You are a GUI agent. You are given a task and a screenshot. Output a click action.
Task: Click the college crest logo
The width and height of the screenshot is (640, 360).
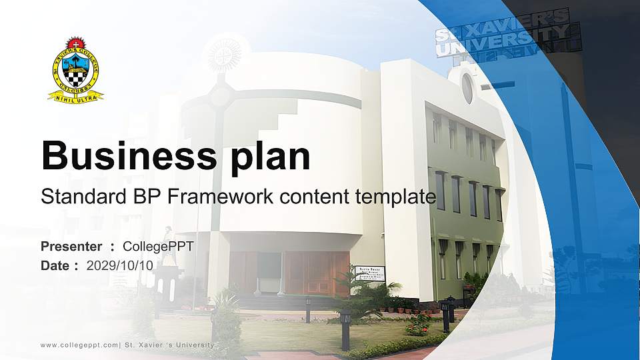tap(76, 69)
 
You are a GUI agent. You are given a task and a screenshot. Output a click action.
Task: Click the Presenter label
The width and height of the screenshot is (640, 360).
tap(71, 247)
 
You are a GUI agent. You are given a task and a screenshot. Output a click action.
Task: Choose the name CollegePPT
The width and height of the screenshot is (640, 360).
tap(159, 247)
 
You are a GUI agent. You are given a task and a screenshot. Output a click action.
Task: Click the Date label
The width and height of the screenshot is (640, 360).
tap(55, 265)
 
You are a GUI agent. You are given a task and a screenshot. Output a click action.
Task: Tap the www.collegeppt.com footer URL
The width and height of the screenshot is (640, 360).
tap(79, 345)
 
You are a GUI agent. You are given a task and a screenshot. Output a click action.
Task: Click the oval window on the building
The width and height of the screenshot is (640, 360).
tap(467, 88)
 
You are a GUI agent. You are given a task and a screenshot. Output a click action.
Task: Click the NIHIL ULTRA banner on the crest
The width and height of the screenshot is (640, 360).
tap(76, 97)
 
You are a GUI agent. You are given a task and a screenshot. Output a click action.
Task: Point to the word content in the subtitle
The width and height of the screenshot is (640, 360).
tap(323, 197)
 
